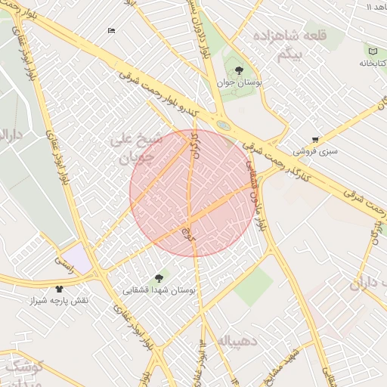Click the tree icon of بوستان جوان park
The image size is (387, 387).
[240, 70]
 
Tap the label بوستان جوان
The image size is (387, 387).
[240, 83]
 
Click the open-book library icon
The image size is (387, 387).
[371, 50]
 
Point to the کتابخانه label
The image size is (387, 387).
[370, 63]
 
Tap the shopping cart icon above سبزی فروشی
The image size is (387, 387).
[315, 139]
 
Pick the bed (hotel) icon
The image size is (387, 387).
[112, 30]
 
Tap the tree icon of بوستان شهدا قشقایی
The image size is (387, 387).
[158, 277]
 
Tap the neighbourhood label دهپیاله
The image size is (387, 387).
[239, 341]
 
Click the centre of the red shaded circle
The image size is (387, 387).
[193, 193]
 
